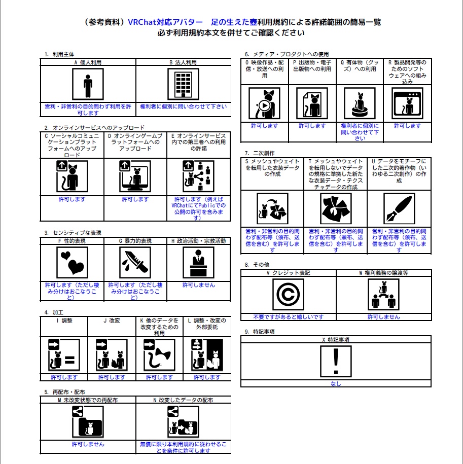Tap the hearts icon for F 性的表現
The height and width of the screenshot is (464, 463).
tap(72, 263)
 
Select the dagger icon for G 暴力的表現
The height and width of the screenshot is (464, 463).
tap(135, 263)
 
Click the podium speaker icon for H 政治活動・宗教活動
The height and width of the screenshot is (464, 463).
tap(198, 263)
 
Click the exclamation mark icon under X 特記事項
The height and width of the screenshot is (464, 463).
tap(335, 362)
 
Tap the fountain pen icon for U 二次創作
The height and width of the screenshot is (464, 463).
tap(399, 208)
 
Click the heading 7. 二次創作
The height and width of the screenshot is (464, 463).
tap(260, 153)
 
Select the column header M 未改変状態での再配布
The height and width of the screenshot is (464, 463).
tap(88, 400)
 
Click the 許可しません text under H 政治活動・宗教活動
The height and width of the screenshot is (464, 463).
tap(198, 285)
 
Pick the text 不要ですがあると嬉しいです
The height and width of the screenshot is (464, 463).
tap(288, 317)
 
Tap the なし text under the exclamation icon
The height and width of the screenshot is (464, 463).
tap(335, 384)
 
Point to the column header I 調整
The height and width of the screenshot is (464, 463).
tap(64, 320)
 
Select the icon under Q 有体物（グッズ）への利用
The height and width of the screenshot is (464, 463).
tap(360, 103)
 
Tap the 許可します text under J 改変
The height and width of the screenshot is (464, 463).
tap(111, 377)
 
